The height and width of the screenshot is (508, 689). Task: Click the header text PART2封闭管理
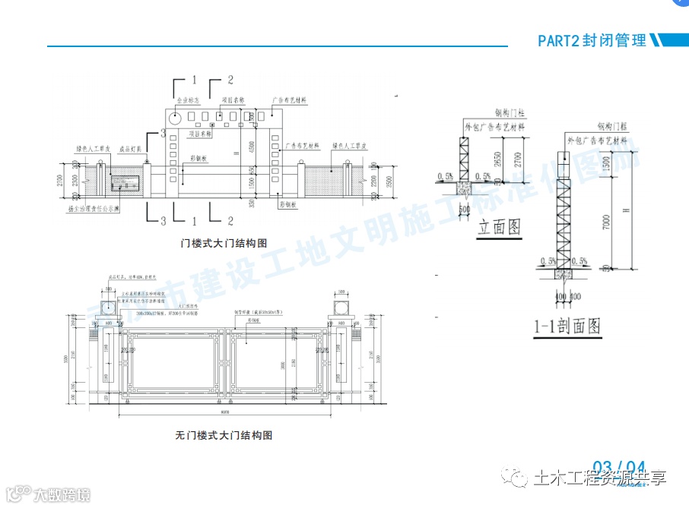pos(592,40)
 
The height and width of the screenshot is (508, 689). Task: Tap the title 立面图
pos(498,227)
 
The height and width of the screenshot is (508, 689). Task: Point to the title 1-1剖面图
pos(567,327)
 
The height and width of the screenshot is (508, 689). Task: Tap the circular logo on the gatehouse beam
pos(175,118)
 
